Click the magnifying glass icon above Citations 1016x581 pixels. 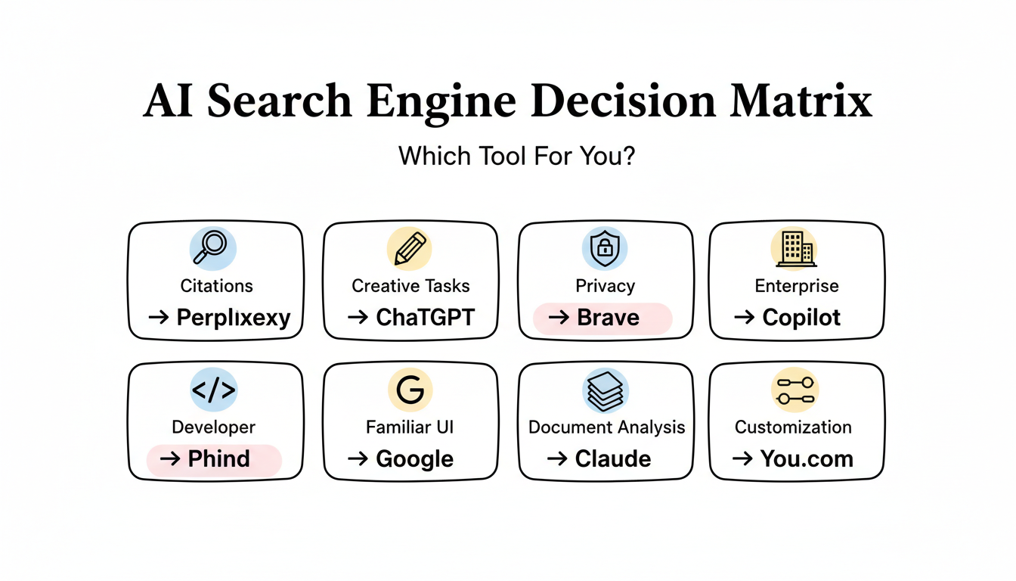point(213,247)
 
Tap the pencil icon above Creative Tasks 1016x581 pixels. point(410,248)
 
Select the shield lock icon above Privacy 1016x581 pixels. point(605,248)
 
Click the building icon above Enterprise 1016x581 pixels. point(795,247)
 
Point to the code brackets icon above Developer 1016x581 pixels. point(213,390)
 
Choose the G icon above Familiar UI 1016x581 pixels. point(410,390)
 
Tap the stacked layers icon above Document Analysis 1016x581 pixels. point(606,390)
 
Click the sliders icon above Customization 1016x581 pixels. point(795,390)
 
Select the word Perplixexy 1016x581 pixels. point(233,317)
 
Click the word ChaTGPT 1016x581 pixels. point(426,317)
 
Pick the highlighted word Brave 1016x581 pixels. point(608,317)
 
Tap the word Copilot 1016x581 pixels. point(801,317)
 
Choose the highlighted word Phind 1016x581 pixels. point(218,459)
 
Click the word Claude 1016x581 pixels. point(613,459)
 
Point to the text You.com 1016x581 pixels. point(807,459)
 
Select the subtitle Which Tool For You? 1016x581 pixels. point(517,157)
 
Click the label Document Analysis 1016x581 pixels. point(606,427)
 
